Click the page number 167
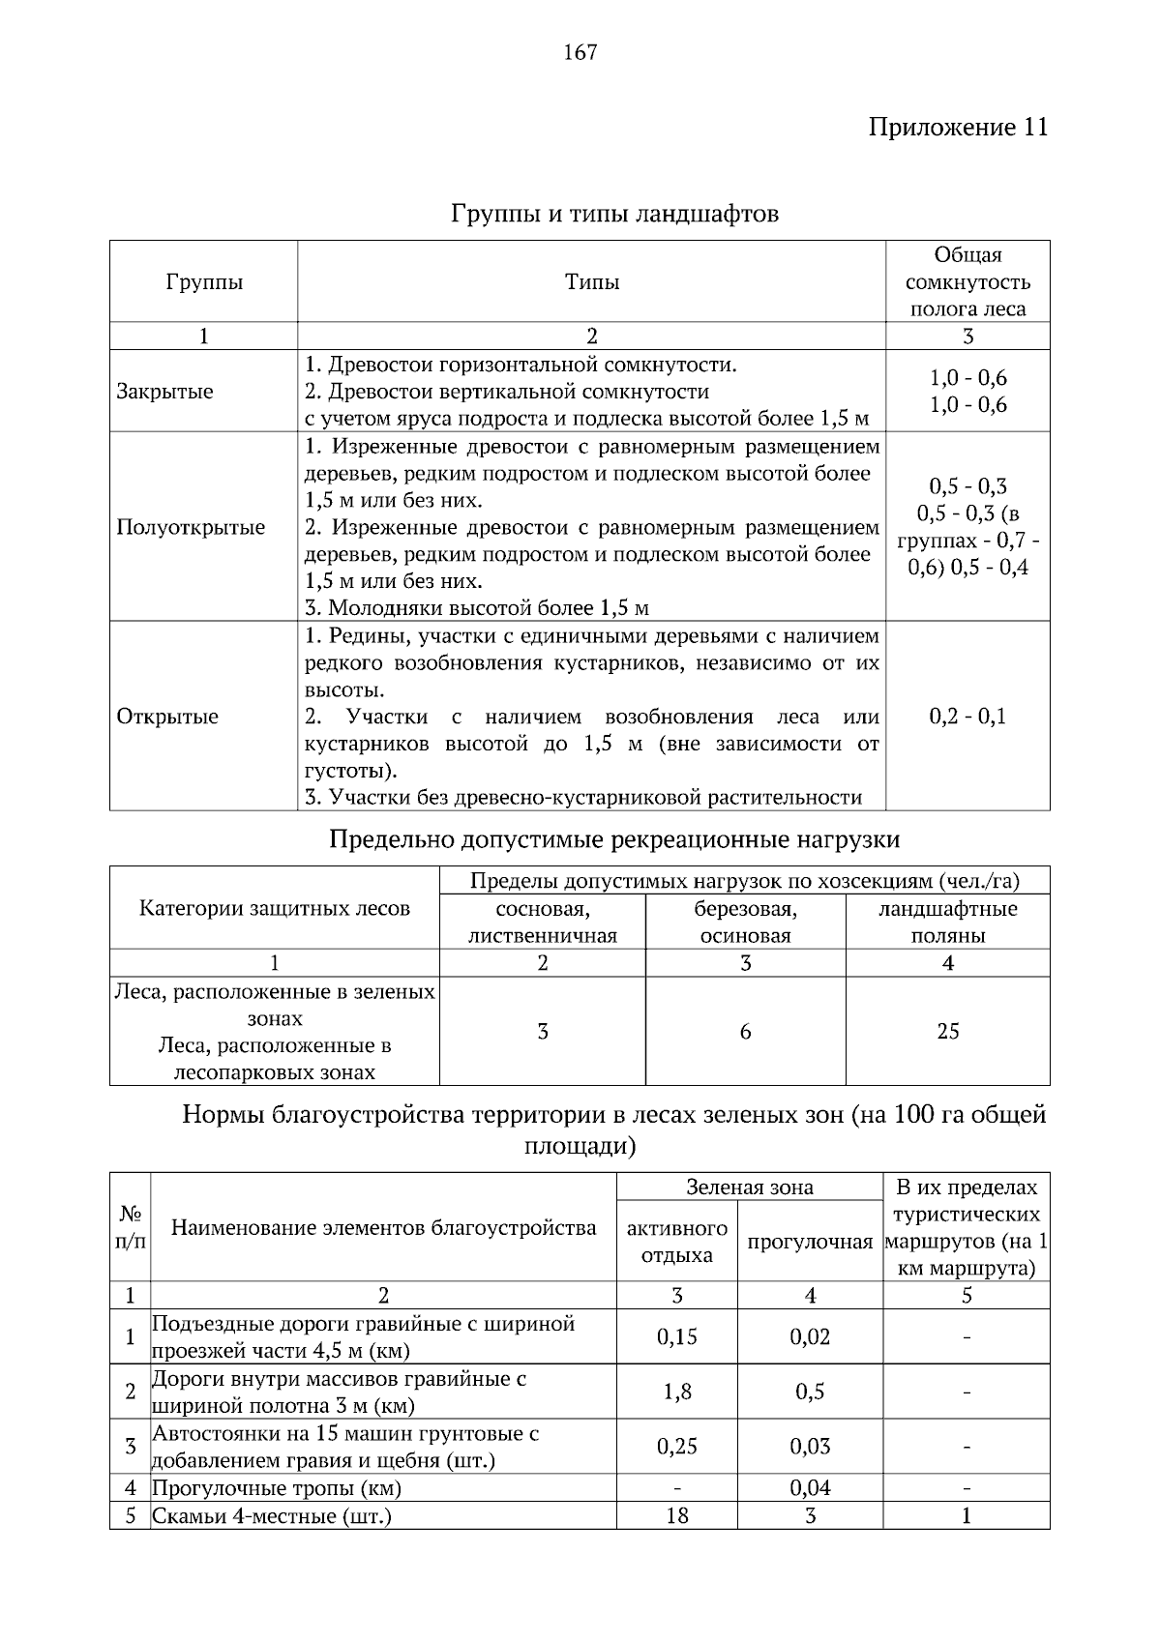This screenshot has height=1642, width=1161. tap(580, 53)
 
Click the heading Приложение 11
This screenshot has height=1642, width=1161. tap(957, 128)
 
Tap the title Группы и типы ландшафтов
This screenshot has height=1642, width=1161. tap(614, 214)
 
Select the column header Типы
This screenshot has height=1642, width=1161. tap(591, 282)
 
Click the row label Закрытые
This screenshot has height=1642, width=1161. tap(164, 392)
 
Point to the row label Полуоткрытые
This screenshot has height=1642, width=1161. tap(191, 527)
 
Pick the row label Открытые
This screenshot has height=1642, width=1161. tap(167, 717)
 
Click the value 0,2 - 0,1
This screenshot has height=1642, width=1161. tap(967, 717)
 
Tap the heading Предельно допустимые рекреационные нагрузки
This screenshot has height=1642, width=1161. tap(614, 838)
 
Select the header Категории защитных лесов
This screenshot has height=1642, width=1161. tap(275, 908)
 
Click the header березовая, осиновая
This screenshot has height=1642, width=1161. tap(745, 922)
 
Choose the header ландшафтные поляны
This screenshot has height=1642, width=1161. tap(947, 922)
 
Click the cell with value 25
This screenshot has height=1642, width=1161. tap(947, 1031)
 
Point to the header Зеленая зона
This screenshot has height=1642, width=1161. tap(749, 1187)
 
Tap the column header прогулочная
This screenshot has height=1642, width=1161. tap(810, 1242)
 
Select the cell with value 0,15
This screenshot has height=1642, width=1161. tap(676, 1336)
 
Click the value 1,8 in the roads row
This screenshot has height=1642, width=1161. tap(676, 1392)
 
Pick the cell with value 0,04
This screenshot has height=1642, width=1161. tap(810, 1488)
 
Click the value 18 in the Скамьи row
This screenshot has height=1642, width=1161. tap(676, 1515)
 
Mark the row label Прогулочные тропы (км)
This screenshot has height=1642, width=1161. tap(277, 1488)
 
